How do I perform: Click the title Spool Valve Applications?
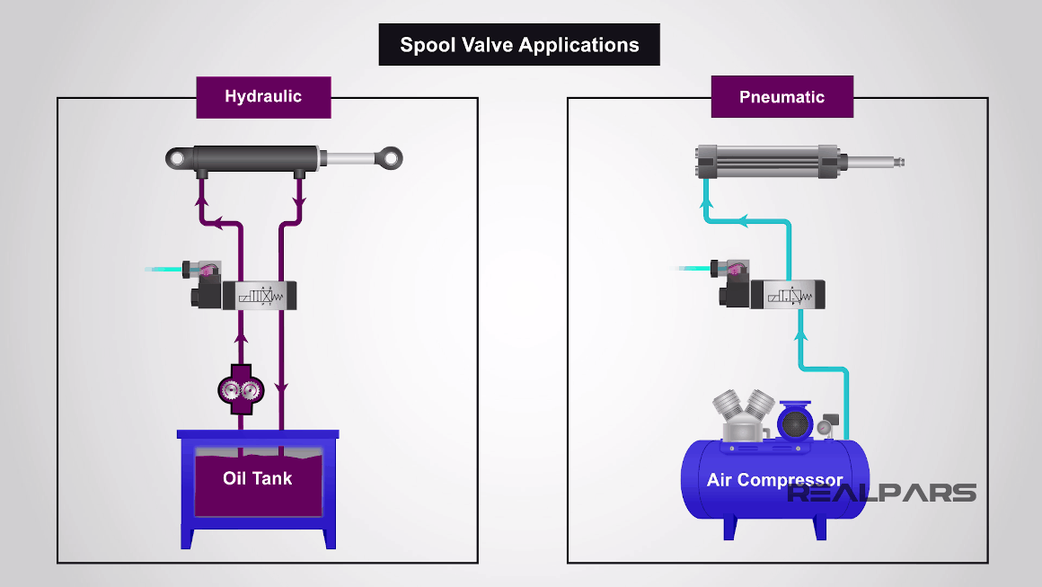pos(519,45)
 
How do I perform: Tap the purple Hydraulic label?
pos(263,97)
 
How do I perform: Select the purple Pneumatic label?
pos(781,97)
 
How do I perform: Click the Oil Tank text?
pos(258,478)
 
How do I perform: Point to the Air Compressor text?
pos(774,480)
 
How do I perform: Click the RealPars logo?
pos(881,493)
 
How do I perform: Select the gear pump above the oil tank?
pos(240,388)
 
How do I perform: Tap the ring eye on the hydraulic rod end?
pos(390,158)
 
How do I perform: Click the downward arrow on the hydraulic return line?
pos(281,388)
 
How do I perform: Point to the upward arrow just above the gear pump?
pos(240,340)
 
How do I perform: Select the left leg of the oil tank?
pos(188,530)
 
